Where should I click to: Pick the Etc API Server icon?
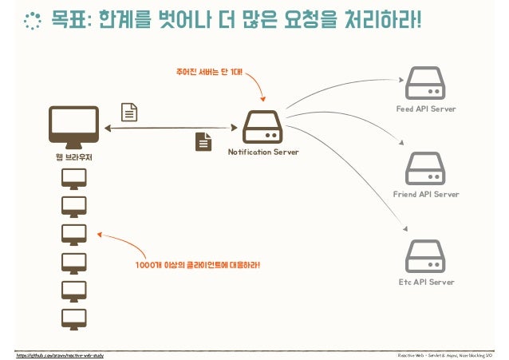click(425, 256)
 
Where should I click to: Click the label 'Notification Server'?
click(263, 152)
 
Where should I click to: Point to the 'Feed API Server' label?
click(425, 109)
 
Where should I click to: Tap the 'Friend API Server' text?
click(425, 195)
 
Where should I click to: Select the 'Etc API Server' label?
click(425, 282)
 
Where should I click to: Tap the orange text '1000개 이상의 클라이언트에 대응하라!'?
click(197, 265)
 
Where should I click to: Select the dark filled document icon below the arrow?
click(204, 141)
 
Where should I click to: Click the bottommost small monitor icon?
click(74, 318)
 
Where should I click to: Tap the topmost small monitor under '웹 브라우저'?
click(74, 178)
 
